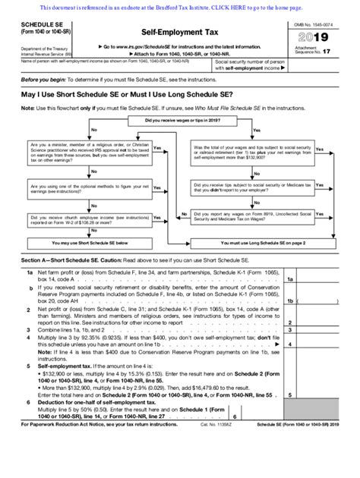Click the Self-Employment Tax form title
[180, 33]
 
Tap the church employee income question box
[88, 220]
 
